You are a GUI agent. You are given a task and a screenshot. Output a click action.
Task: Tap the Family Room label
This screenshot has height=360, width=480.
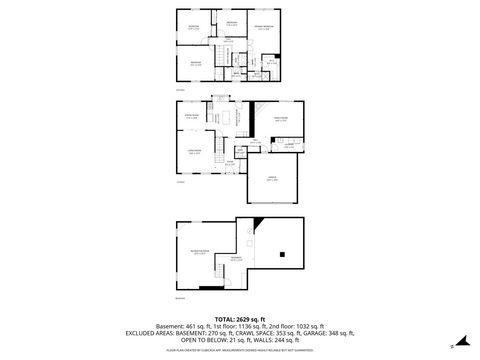[x=281, y=119]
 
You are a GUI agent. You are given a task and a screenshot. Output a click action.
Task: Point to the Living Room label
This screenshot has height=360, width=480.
[x=192, y=151]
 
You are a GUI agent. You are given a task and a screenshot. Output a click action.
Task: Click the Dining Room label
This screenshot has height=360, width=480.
[x=192, y=118]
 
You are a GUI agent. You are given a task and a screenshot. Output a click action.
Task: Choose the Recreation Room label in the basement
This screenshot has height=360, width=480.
[x=199, y=252]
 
